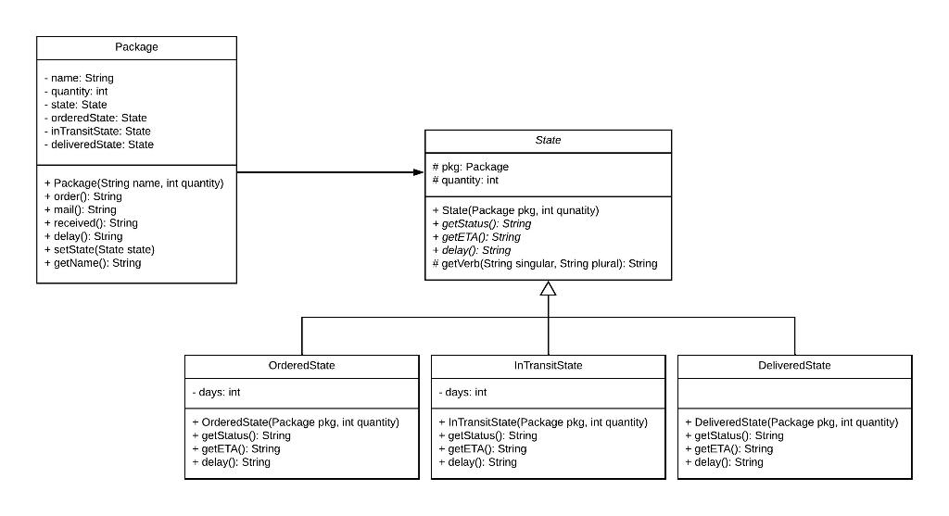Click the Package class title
pos(136,47)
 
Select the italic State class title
pos(548,141)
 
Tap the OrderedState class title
pos(301,366)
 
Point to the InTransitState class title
pos(548,366)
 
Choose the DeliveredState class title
pos(794,366)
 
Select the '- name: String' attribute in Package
pos(79,79)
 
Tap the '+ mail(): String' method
pos(80,210)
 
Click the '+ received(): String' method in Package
pos(91,223)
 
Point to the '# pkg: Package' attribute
pos(470,167)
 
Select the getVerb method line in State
pos(544,264)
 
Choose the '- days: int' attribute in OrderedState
pos(215,393)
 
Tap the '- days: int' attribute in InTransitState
pos(462,393)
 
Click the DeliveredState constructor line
pos(791,422)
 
